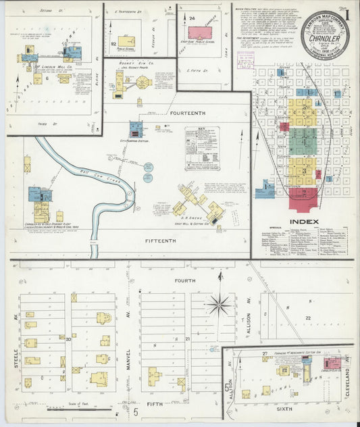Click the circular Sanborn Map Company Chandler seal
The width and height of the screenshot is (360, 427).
point(325,35)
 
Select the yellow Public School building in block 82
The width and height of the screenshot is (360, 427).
point(126,41)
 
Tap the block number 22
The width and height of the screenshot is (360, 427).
point(308,318)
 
